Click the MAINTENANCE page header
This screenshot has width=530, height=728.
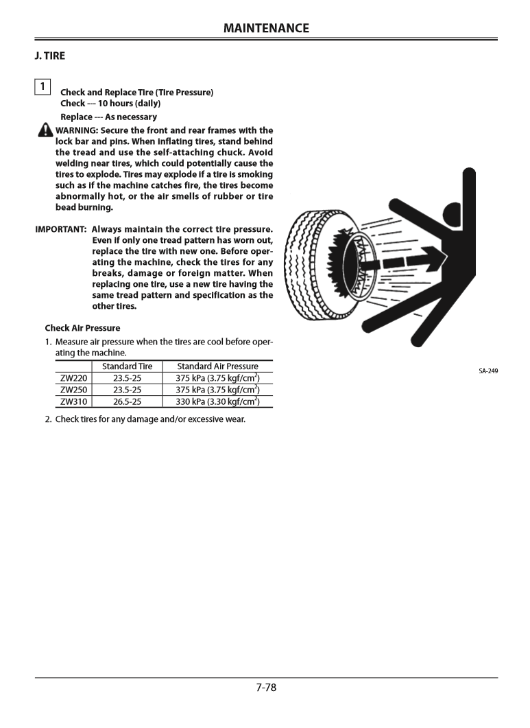point(266,28)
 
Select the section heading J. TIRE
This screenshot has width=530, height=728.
point(50,56)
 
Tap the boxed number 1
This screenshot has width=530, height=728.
point(43,86)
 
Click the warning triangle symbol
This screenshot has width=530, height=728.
point(45,130)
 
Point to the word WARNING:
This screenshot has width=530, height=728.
point(77,130)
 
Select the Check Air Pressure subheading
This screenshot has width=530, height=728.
point(82,328)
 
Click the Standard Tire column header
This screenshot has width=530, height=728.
point(127,366)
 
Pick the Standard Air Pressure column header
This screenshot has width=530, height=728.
point(217,366)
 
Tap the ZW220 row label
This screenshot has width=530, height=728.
point(73,378)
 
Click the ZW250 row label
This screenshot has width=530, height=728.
point(73,390)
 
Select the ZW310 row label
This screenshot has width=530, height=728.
point(73,401)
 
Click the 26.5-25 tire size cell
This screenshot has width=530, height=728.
point(127,401)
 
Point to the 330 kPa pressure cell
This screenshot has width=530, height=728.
point(217,401)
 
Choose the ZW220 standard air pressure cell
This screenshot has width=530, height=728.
point(217,378)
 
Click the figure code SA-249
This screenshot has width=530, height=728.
point(488,371)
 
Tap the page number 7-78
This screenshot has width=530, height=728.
point(266,687)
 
